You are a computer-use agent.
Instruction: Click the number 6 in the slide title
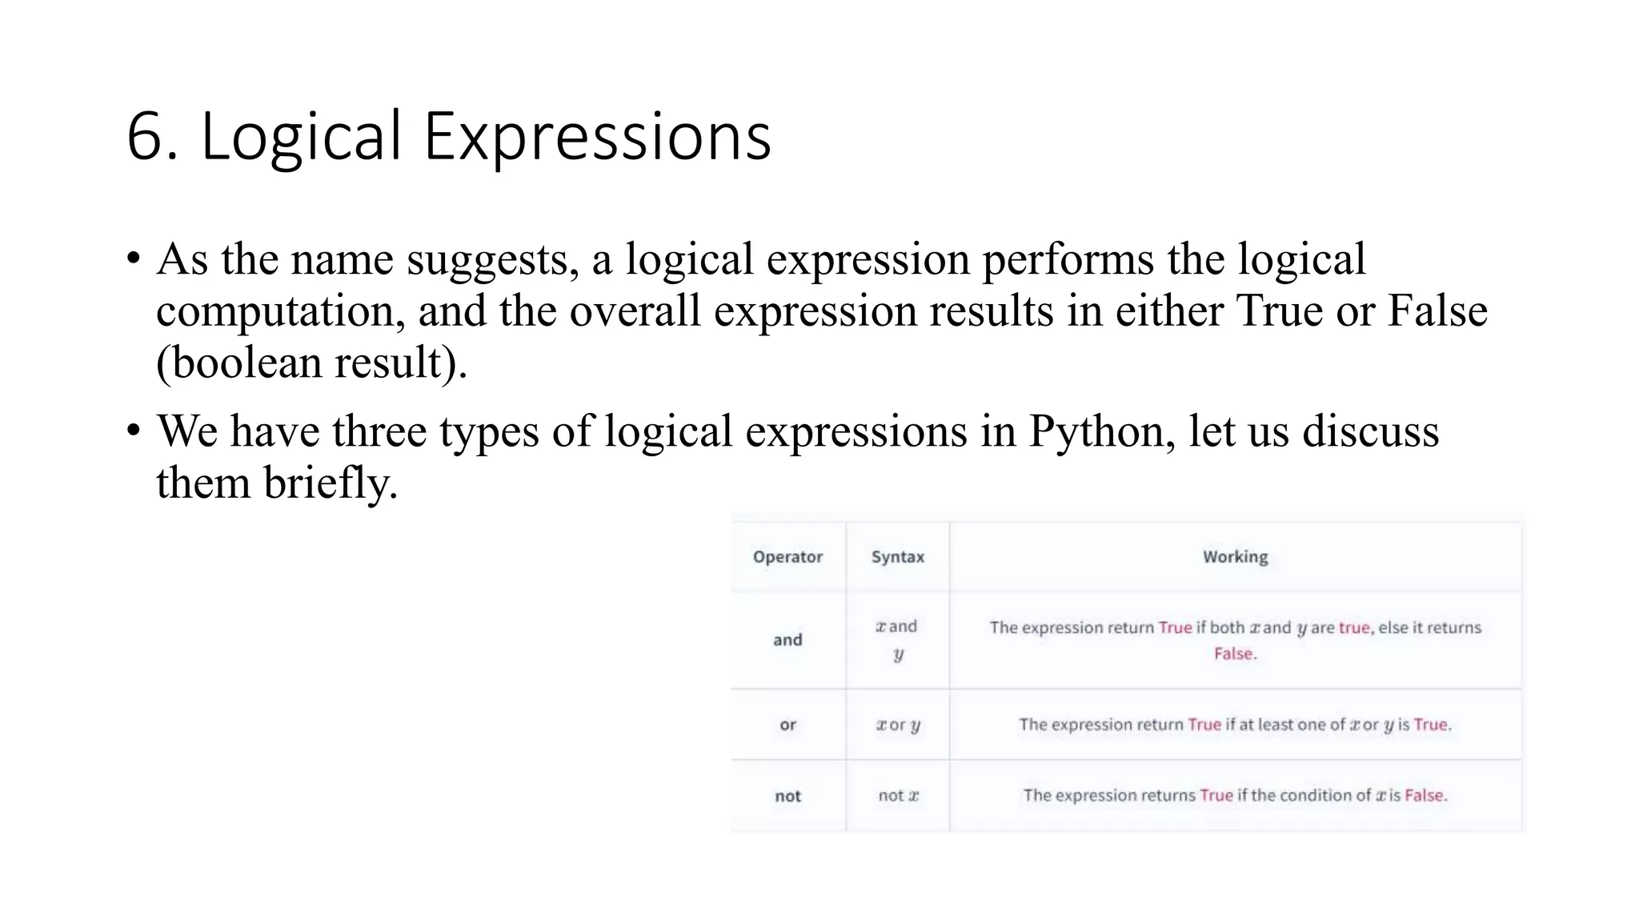point(146,137)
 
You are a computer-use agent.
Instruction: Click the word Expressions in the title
point(597,137)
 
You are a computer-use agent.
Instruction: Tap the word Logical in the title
point(301,137)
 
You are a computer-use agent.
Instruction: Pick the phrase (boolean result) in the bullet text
point(311,363)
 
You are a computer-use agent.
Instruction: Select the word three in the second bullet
point(379,431)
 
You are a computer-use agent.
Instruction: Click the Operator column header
point(787,557)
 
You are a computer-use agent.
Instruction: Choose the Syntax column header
point(897,557)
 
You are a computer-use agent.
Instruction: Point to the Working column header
point(1235,557)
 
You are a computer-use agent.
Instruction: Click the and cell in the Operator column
point(787,639)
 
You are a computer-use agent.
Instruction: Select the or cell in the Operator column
point(787,725)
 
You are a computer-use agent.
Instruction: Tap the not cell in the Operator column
point(787,796)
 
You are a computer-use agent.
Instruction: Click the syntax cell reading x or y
point(898,725)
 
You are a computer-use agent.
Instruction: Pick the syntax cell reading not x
point(898,796)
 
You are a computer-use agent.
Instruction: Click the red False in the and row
point(1234,654)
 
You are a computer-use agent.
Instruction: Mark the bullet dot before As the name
point(133,260)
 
